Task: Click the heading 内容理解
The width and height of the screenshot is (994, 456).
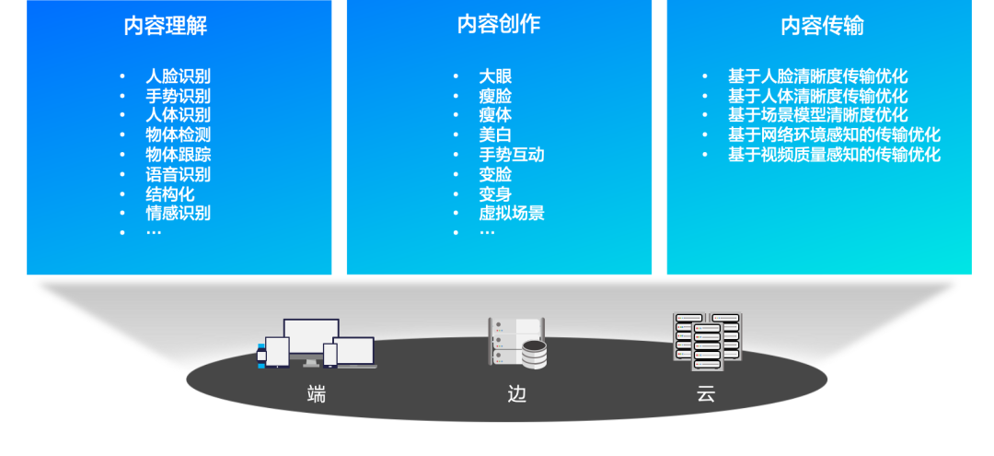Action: (x=166, y=25)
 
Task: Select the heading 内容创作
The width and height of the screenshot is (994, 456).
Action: (x=498, y=25)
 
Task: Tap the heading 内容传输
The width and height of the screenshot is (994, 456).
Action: (x=822, y=25)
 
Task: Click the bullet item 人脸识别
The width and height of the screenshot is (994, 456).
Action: (x=178, y=76)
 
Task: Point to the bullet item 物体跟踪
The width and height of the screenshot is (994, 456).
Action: (x=178, y=155)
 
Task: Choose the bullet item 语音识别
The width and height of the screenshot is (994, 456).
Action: (x=178, y=174)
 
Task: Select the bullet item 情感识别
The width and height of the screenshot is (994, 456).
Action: (x=178, y=213)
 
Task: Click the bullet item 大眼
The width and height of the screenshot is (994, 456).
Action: (x=495, y=76)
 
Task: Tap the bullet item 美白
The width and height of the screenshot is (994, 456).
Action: (x=495, y=134)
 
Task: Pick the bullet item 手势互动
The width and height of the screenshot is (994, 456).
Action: (x=511, y=155)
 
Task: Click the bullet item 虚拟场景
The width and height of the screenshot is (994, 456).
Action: (x=511, y=213)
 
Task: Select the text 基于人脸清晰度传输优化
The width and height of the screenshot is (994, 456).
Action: (x=817, y=76)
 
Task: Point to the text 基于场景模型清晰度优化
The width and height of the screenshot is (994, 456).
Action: (x=817, y=115)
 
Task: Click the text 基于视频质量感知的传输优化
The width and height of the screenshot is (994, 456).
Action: (x=834, y=155)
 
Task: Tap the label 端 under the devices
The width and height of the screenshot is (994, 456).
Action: (x=317, y=396)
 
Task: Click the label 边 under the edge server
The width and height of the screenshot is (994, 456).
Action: (x=517, y=396)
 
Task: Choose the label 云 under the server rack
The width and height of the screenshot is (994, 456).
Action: (x=706, y=396)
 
